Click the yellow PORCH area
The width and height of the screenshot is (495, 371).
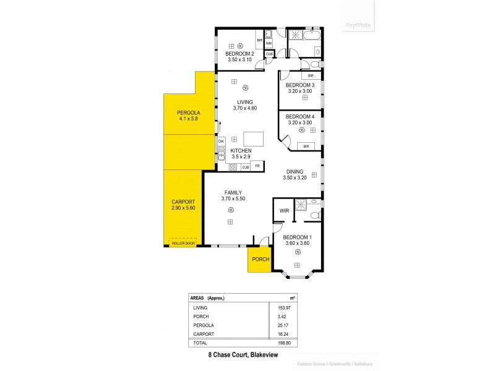pos(260,259)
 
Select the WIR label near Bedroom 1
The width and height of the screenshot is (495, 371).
pos(284,211)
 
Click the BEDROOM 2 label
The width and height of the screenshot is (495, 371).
pos(239,54)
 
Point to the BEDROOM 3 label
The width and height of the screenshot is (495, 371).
pos(300,85)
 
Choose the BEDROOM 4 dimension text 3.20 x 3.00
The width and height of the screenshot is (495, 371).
pos(300,122)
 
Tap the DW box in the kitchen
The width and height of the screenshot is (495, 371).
pos(221,142)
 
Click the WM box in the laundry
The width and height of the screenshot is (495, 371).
pos(269,43)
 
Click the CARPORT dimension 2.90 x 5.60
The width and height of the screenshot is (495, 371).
pos(183,208)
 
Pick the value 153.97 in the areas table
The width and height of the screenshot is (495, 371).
pos(280,307)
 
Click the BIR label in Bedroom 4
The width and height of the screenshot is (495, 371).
pos(305,146)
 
